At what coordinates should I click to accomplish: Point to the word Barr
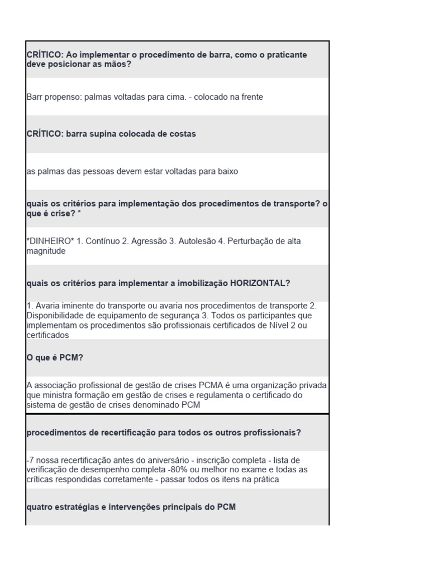click(x=35, y=96)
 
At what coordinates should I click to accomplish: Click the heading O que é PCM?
click(x=55, y=357)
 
